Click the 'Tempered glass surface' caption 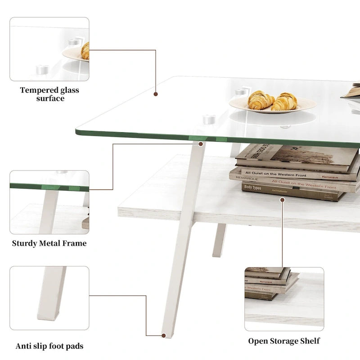pos(49,94)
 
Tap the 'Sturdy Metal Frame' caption pos(49,243)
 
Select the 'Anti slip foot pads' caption pos(49,346)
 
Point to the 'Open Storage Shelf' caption pos(284,341)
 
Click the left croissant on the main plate pos(261,100)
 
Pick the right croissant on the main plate pos(285,101)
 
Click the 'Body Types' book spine pos(253,187)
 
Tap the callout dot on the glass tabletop pos(156,94)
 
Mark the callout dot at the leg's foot pos(163,335)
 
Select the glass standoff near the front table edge pos(208,120)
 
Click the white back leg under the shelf pos(220,240)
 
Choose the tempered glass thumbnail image pos(49,49)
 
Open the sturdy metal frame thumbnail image pos(49,202)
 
